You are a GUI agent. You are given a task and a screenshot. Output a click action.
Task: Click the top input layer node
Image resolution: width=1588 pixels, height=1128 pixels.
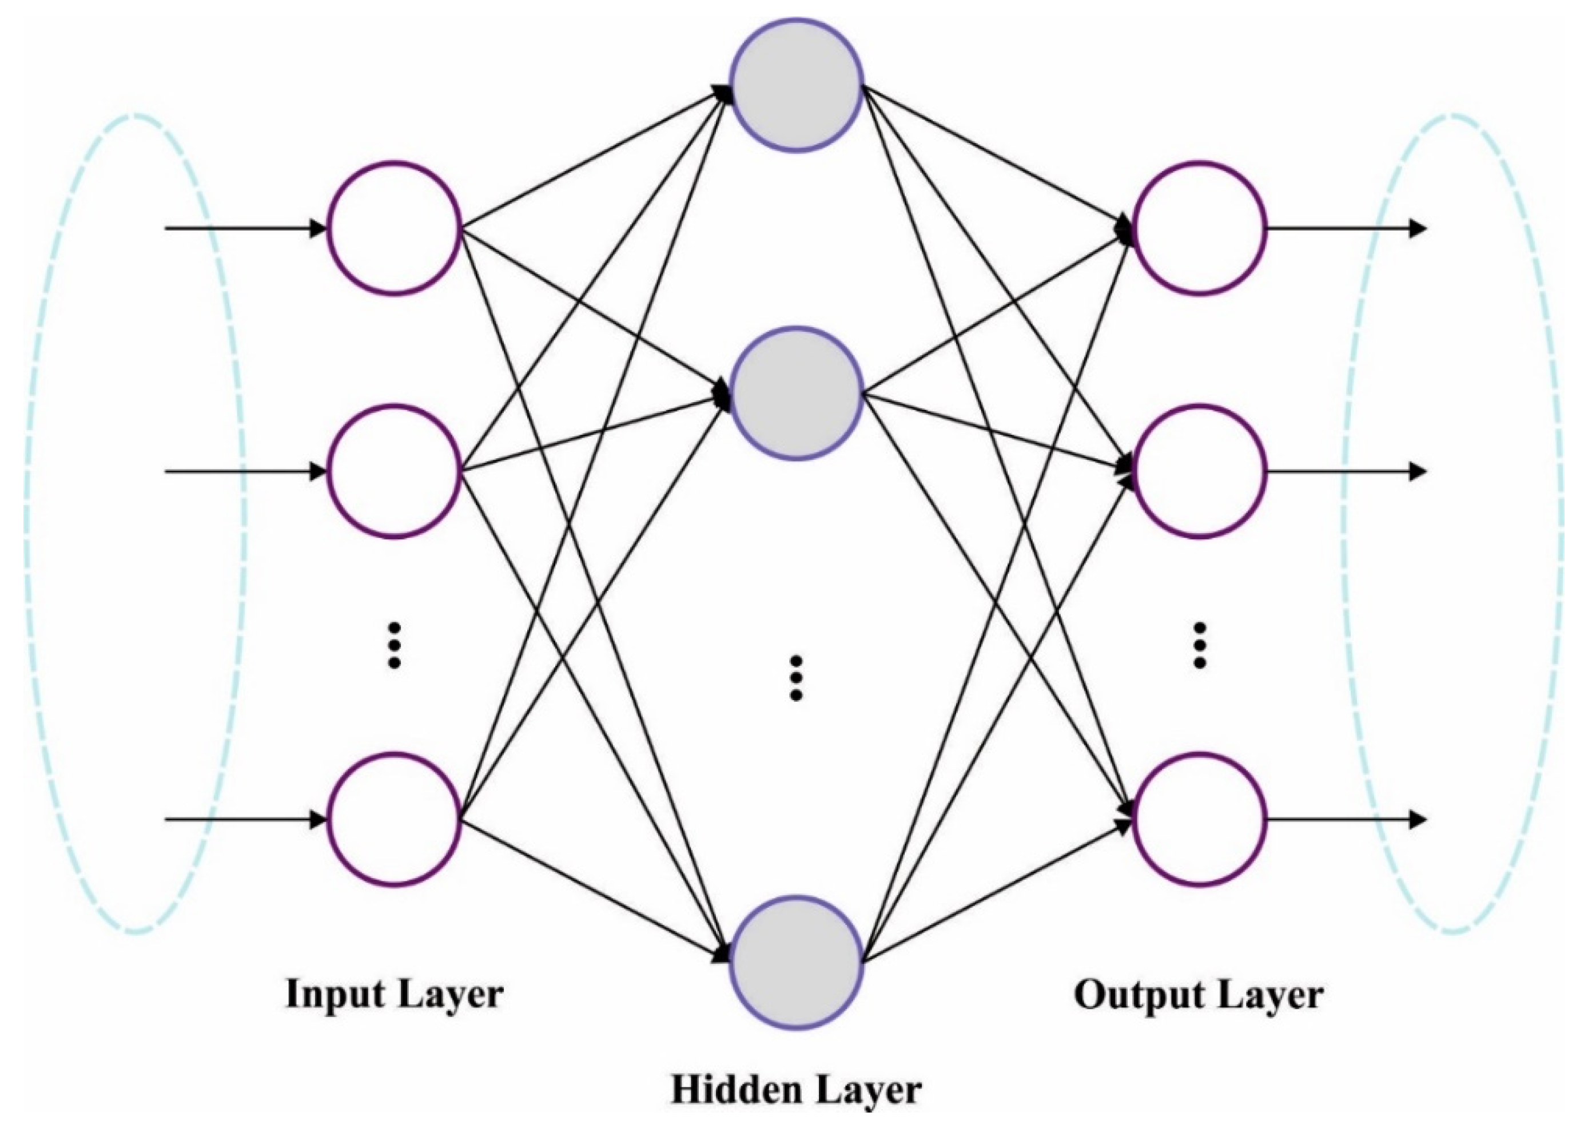(395, 228)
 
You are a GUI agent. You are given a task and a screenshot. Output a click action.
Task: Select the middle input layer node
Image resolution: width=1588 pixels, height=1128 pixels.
(395, 471)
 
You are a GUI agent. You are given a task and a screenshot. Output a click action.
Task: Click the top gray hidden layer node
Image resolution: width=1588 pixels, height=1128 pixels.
(796, 85)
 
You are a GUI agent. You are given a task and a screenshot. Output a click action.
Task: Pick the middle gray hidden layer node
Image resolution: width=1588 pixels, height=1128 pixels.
(796, 393)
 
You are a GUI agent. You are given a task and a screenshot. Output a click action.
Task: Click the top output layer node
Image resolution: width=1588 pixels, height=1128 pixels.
(1199, 228)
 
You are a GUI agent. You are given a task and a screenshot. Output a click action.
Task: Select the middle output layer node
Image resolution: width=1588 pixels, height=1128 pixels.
(1199, 471)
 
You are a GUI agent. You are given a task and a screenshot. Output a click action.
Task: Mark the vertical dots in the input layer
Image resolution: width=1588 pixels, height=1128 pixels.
(395, 645)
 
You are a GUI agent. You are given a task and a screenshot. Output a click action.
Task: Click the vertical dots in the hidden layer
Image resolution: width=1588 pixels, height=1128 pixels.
(797, 677)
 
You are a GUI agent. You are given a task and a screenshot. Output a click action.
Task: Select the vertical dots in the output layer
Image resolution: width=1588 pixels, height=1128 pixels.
(1199, 645)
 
